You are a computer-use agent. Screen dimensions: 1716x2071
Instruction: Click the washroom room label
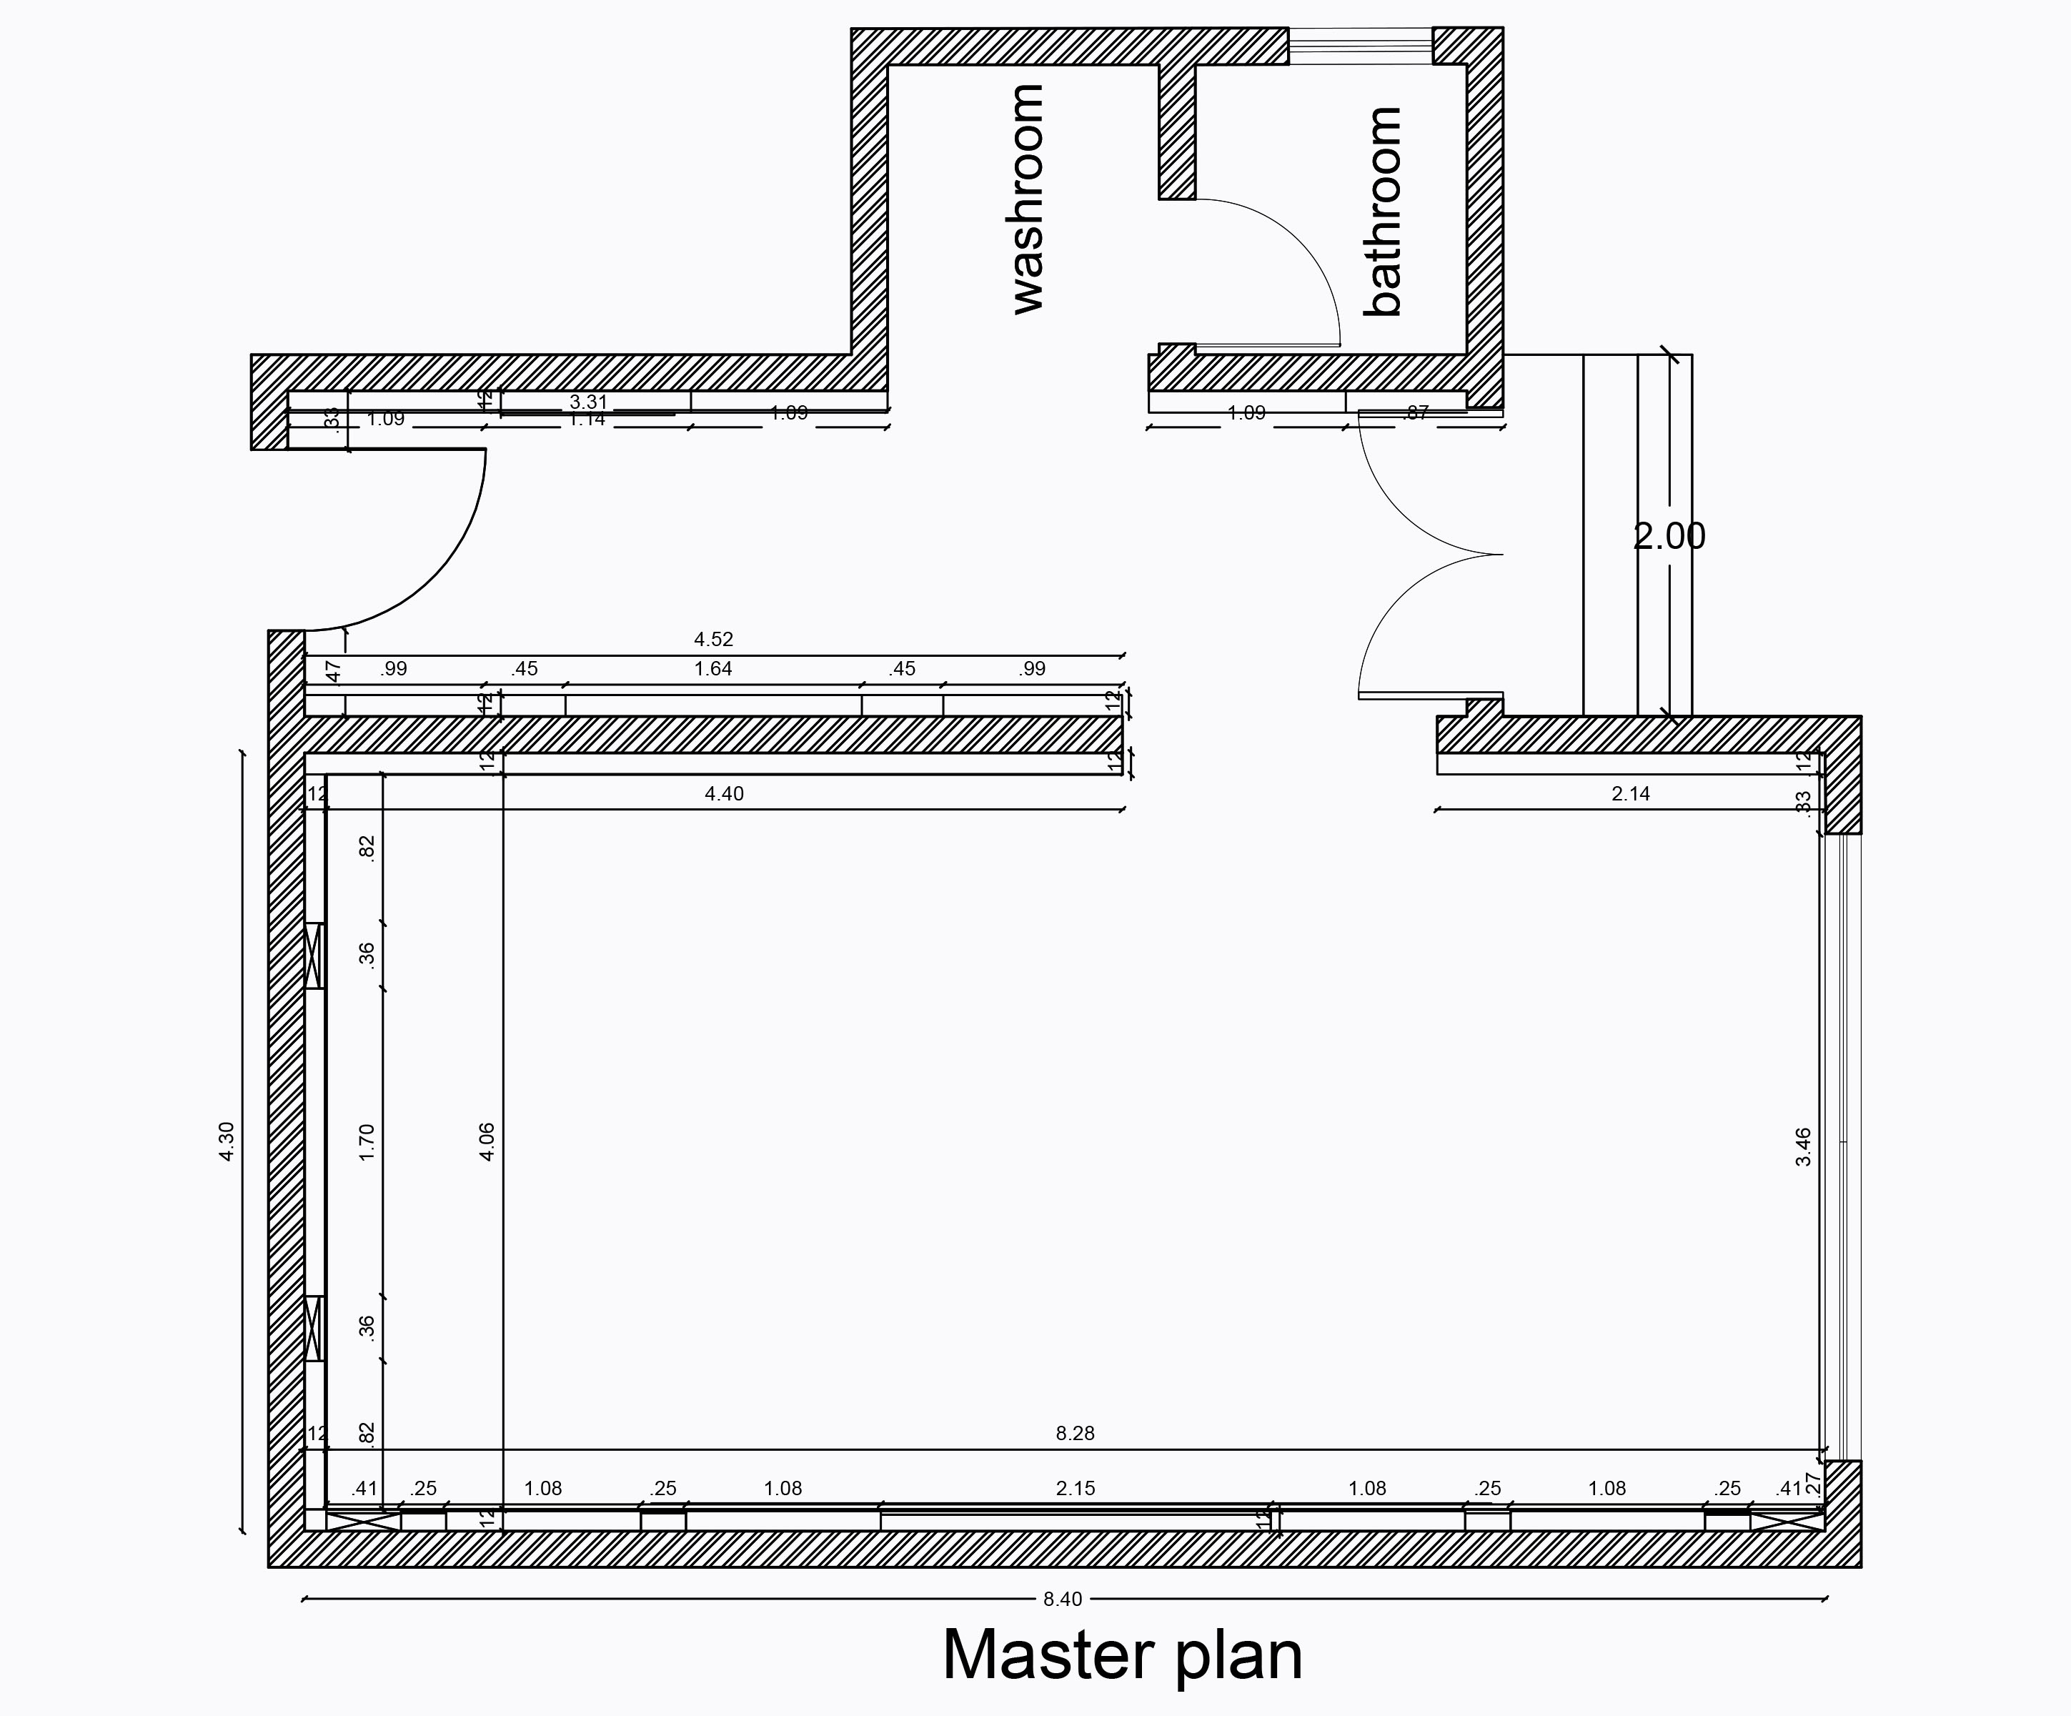[x=1028, y=200]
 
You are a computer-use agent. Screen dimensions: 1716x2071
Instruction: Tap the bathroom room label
[x=1383, y=212]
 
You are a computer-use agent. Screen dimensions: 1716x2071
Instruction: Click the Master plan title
[x=1122, y=1654]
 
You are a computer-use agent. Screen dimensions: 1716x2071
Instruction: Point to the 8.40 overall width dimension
[x=1062, y=1599]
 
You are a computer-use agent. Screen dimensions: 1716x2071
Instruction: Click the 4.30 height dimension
[x=227, y=1141]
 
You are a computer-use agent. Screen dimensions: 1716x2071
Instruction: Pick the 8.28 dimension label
[x=1075, y=1433]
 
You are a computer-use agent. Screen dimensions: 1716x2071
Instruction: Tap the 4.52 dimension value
[x=713, y=639]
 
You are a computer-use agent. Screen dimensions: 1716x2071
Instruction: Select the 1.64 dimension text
[x=713, y=669]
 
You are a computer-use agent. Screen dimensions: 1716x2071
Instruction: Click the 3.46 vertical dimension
[x=1803, y=1147]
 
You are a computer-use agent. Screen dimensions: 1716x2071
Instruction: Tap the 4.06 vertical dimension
[x=486, y=1142]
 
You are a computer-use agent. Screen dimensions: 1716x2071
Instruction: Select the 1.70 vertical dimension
[x=367, y=1142]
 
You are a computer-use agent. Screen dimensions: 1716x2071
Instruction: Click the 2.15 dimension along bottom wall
[x=1075, y=1488]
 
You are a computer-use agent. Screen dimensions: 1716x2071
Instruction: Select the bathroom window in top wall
[x=1360, y=45]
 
